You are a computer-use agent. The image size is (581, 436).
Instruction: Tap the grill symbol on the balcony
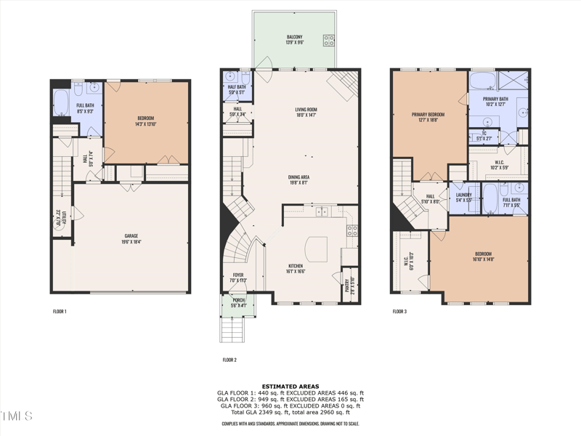coord(328,40)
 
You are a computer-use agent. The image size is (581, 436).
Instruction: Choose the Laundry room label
coord(464,195)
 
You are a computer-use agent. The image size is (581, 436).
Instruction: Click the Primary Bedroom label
coord(428,114)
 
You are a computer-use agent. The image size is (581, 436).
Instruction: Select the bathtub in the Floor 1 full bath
coord(60,102)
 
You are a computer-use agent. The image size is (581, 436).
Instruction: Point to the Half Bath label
coord(237,86)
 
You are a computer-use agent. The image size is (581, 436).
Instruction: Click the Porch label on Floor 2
coord(238,300)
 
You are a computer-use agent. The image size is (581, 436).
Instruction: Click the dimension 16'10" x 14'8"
coord(483,259)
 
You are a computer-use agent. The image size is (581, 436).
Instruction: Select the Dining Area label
coord(306,177)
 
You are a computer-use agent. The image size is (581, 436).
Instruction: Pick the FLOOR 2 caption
coord(229,360)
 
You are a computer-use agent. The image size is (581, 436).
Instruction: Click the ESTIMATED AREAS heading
coord(290,387)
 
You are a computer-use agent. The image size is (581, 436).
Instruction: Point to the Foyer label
coord(238,275)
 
